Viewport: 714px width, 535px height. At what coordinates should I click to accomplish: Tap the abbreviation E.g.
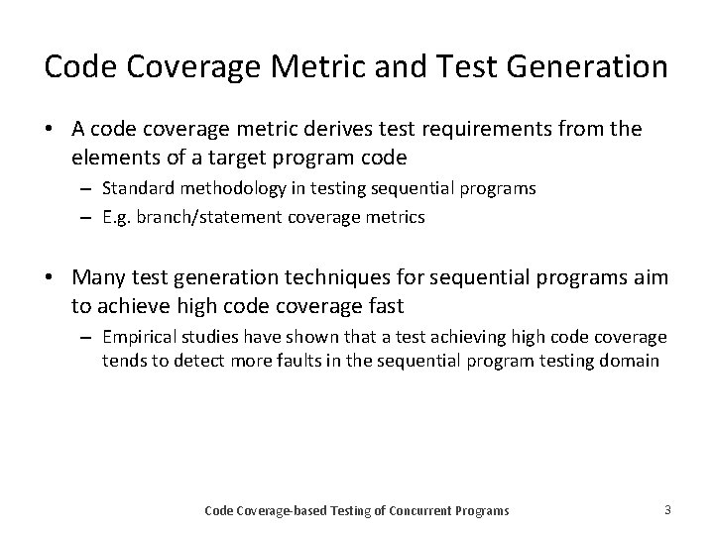pyautogui.click(x=117, y=216)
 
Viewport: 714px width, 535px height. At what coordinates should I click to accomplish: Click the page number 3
pyautogui.click(x=667, y=509)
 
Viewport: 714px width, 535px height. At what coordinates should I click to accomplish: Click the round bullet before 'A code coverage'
pyautogui.click(x=50, y=130)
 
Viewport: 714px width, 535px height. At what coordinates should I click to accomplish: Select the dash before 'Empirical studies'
pyautogui.click(x=86, y=337)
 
